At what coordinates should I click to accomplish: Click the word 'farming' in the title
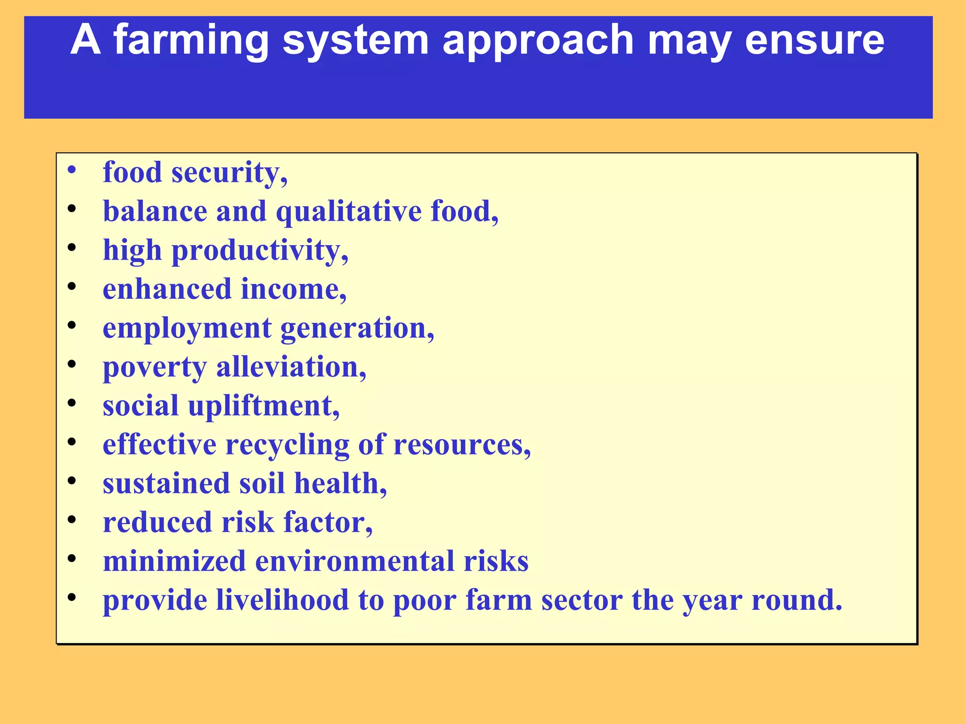point(191,41)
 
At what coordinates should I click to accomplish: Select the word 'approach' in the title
point(538,41)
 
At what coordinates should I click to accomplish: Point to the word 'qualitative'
point(348,212)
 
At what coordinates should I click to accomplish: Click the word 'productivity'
point(260,251)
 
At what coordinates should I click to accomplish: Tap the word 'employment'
point(187,329)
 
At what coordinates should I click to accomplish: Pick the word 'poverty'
point(155,368)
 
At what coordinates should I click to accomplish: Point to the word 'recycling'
point(287,445)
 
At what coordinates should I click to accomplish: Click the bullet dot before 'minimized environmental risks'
point(72,558)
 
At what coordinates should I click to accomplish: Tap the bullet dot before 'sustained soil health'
point(72,480)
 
